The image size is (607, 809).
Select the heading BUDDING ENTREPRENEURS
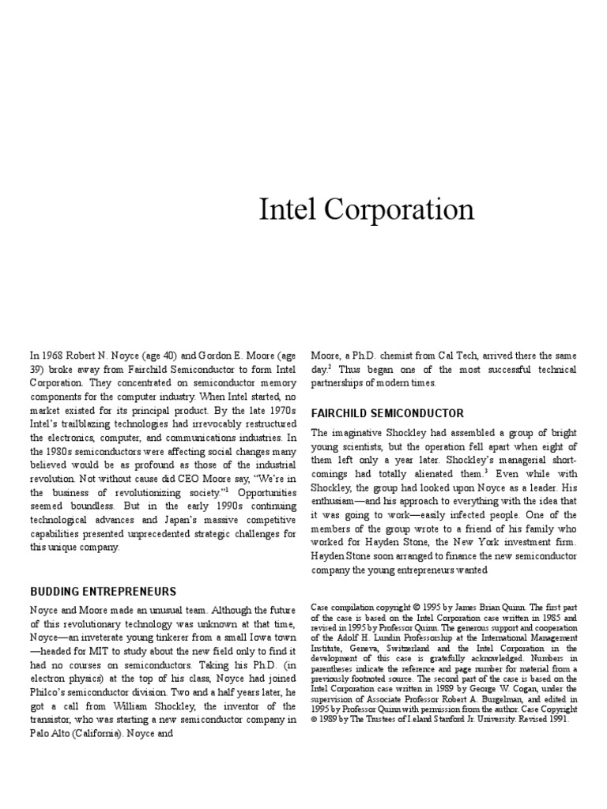(103, 592)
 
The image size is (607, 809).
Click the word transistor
(55, 719)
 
